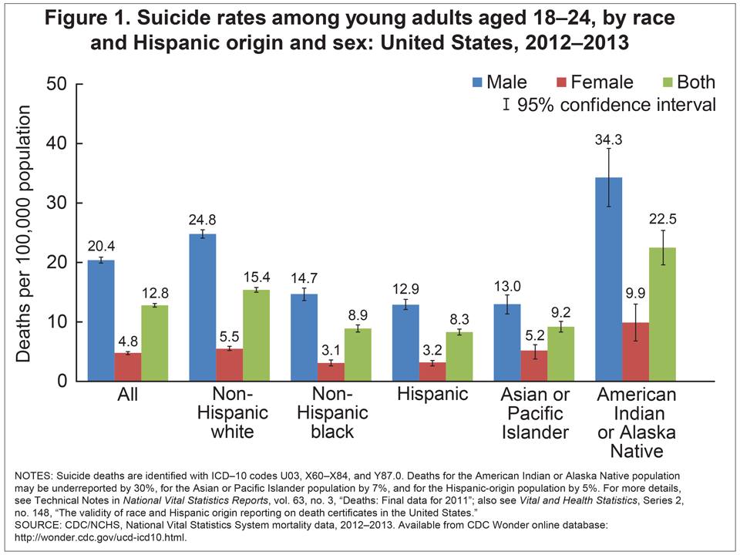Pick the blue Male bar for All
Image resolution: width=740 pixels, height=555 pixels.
click(100, 321)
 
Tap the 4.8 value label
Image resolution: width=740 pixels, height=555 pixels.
click(127, 339)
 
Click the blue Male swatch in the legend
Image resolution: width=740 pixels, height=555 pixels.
click(477, 82)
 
